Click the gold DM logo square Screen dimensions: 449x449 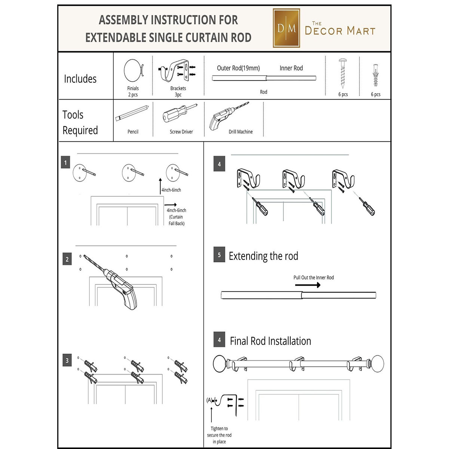pos(286,28)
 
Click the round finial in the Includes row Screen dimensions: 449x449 pos(132,70)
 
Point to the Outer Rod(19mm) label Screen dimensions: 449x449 pos(238,68)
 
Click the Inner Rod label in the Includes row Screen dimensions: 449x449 pos(291,68)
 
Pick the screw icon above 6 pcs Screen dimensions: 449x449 pos(343,73)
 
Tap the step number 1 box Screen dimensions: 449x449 pos(65,162)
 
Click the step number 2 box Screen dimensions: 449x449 pos(67,259)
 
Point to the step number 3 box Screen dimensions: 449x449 pos(67,360)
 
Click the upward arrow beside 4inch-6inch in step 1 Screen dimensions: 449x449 pos(160,185)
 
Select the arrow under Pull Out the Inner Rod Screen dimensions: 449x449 pos(308,285)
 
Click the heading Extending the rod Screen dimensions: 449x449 pos(263,256)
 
